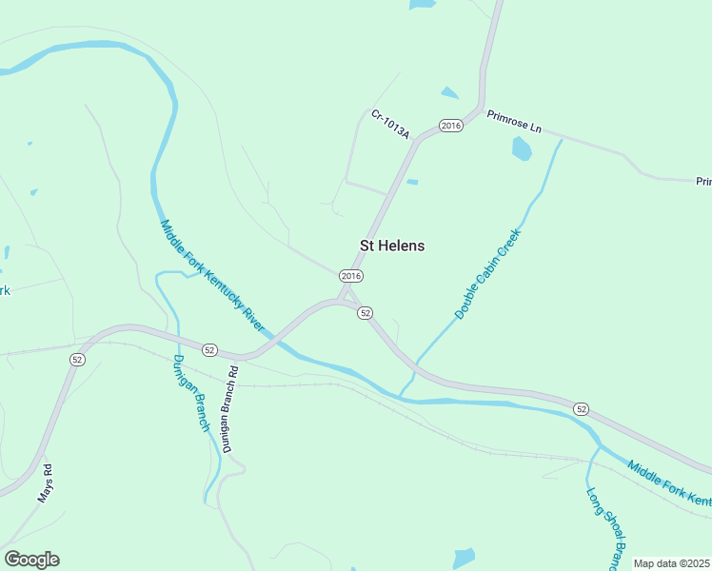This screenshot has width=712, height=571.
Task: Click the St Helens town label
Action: point(392,246)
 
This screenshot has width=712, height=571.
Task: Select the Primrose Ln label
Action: point(513,122)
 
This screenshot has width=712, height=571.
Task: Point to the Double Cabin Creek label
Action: point(487,273)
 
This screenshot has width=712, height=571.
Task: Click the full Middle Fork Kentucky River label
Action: point(211,276)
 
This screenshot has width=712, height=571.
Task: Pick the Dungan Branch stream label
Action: point(190,392)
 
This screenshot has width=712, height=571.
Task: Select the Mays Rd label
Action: point(44,482)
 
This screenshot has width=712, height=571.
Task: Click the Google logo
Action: point(31,560)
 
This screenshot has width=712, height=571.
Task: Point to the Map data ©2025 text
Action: point(672,563)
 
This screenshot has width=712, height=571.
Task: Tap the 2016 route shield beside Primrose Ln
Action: point(451,126)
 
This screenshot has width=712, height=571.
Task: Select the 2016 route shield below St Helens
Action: point(351,276)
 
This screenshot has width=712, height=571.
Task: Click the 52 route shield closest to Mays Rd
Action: point(77,359)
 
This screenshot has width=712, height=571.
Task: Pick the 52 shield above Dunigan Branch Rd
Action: point(210,349)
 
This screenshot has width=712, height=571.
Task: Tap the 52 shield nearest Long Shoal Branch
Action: point(581,408)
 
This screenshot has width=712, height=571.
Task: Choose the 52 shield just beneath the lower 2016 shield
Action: point(365,312)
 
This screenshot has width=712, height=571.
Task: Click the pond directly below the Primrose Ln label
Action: point(522,148)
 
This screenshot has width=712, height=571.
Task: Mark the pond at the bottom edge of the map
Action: point(463,558)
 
